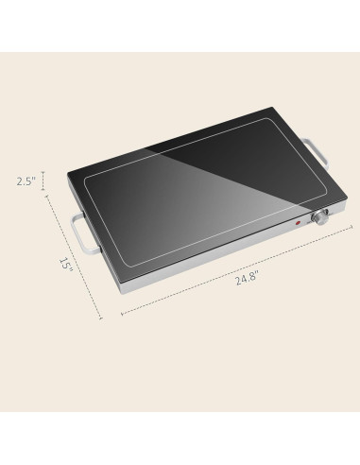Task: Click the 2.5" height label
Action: pyautogui.click(x=25, y=181)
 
